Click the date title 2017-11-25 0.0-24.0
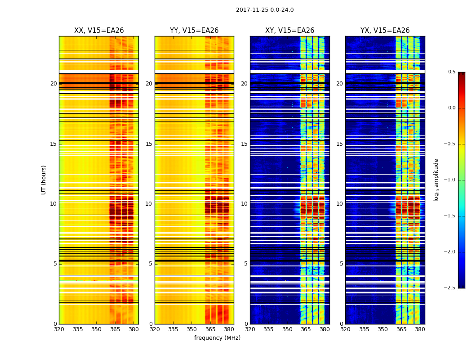(265, 10)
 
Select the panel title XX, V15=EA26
(99, 31)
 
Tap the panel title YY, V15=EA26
(194, 31)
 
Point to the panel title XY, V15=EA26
(289, 31)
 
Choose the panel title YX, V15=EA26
(385, 31)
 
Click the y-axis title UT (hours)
(44, 180)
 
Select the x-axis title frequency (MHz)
(217, 338)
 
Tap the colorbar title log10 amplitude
(436, 180)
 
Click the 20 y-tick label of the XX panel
(53, 84)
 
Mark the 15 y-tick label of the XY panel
(244, 144)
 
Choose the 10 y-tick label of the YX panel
(339, 204)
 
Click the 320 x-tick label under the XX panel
(59, 329)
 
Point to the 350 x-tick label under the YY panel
(191, 329)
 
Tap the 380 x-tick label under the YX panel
(420, 329)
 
